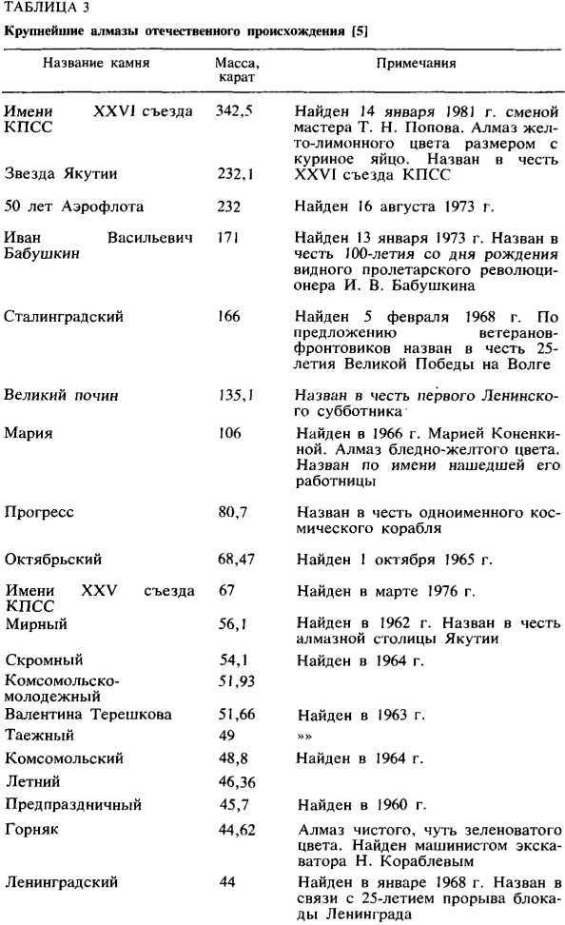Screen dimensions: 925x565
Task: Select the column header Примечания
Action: point(415,64)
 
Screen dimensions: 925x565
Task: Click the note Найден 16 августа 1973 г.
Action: point(404,207)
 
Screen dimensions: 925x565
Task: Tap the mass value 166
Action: point(228,316)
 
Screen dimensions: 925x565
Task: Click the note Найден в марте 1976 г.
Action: point(385,592)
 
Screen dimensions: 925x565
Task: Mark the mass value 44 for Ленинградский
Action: point(226,881)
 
